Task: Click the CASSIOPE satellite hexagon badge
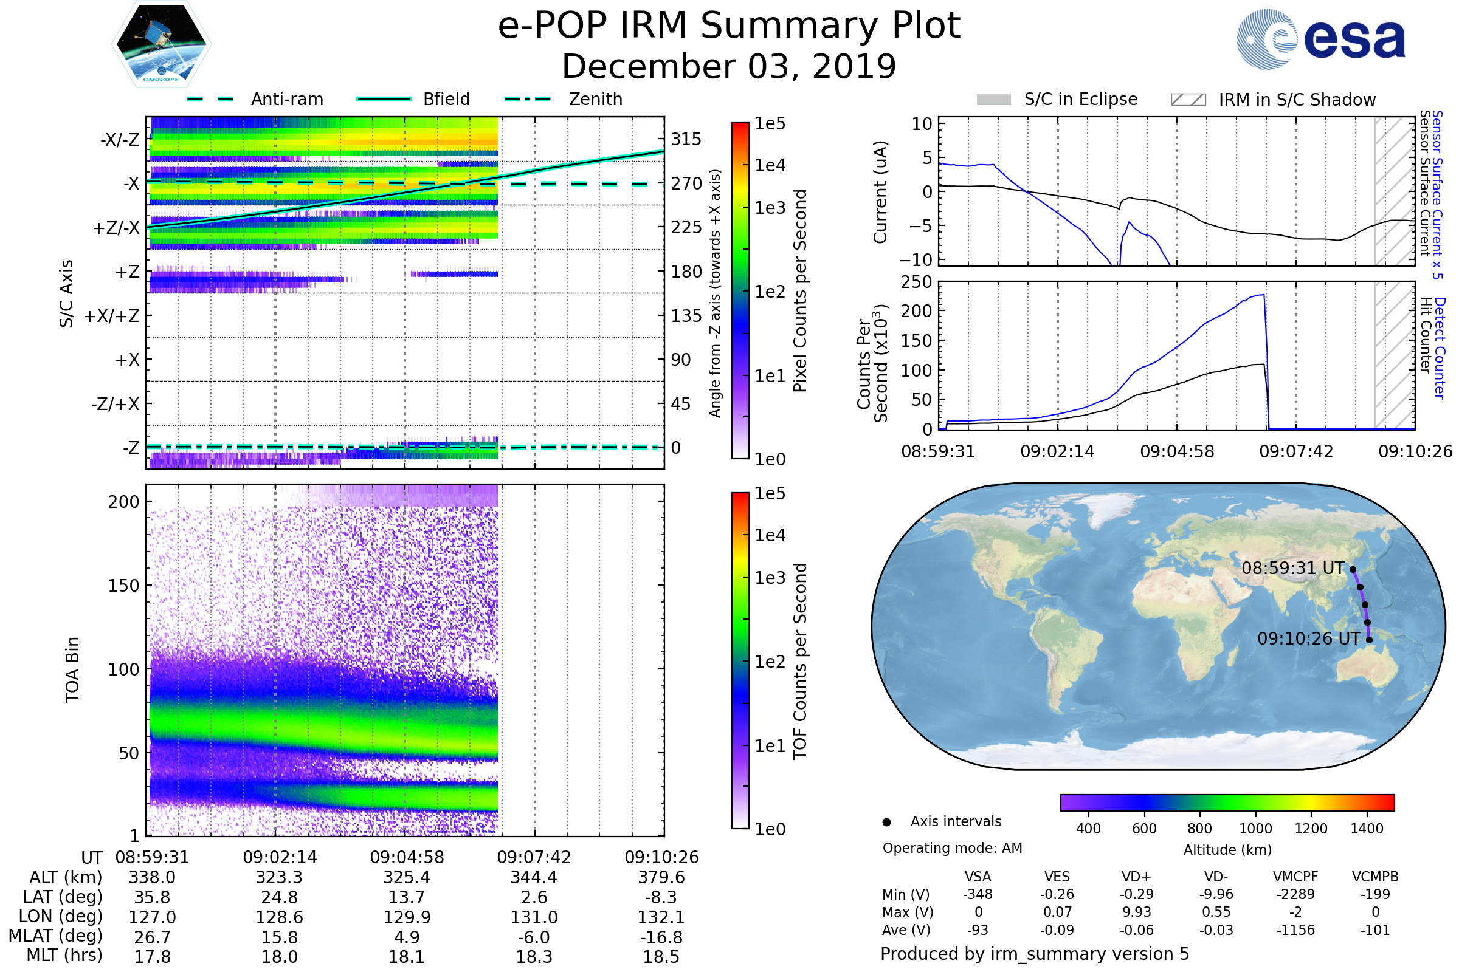161,44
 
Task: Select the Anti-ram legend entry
286,99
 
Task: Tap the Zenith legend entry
595,99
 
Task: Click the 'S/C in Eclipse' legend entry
1080,99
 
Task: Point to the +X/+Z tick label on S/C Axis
112,316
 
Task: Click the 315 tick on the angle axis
686,139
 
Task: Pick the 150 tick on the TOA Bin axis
123,585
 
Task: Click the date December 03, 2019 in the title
729,66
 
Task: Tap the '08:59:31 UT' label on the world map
1293,568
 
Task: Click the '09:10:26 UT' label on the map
1309,638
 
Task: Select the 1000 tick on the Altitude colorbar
1255,829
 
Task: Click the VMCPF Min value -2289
1295,894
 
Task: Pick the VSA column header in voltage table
978,877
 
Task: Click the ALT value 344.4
534,877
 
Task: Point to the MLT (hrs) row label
64,955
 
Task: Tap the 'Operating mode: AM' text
952,848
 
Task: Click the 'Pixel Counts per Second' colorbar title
800,290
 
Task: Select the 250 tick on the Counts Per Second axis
916,282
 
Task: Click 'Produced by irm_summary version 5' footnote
1035,954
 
